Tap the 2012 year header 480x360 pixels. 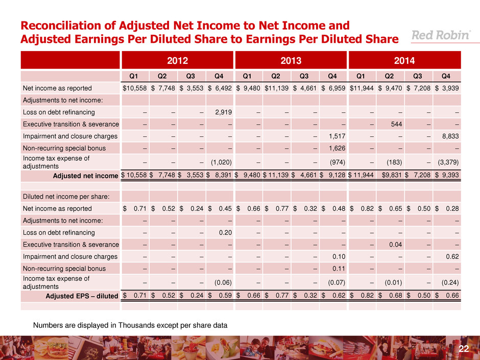click(x=177, y=60)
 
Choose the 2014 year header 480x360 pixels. click(x=404, y=60)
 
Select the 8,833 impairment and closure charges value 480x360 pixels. click(x=450, y=136)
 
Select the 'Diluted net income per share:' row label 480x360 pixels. click(x=58, y=197)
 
